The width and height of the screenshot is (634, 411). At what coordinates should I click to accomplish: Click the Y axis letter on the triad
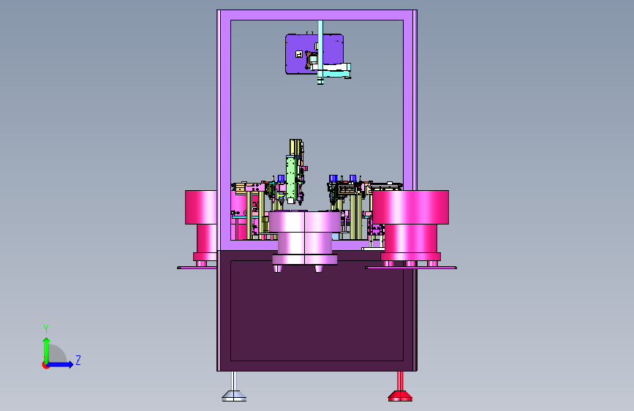(46, 328)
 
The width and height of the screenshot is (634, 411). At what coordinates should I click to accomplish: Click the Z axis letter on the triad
(78, 360)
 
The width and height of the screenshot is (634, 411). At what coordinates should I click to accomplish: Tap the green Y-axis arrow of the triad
(47, 350)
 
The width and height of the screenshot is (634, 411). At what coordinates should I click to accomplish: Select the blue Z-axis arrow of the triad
(59, 364)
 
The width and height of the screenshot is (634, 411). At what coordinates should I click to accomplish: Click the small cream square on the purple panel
(299, 54)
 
